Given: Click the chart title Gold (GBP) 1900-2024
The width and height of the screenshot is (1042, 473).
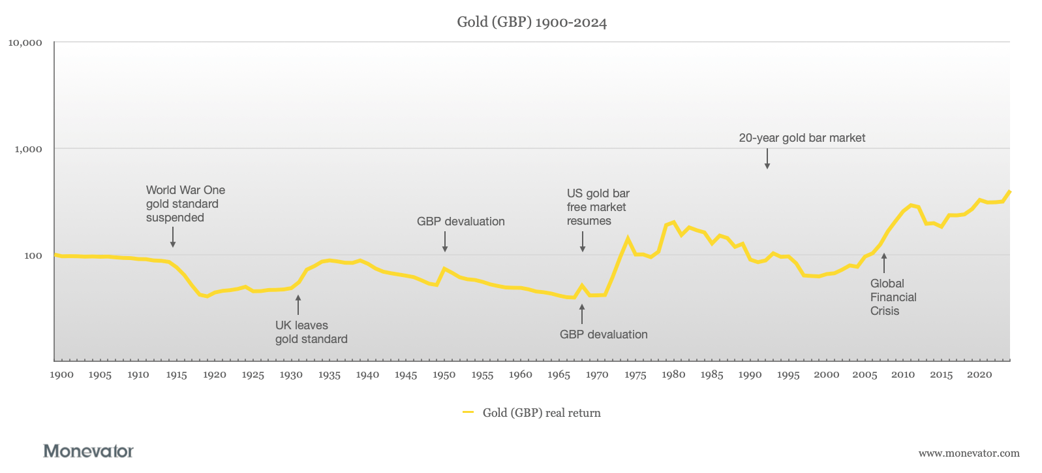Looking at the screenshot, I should [532, 22].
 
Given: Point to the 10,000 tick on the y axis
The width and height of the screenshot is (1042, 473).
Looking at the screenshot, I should [25, 43].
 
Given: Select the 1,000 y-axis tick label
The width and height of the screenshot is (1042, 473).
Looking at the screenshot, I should [28, 149].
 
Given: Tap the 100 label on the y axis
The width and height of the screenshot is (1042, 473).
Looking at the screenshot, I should [33, 255].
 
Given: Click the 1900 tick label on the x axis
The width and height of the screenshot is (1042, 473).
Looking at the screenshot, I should [62, 375].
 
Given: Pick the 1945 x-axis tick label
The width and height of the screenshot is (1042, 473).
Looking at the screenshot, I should [406, 375].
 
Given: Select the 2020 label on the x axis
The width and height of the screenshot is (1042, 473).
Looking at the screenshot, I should [979, 375].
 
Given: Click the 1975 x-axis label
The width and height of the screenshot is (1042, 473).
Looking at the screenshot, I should [635, 375].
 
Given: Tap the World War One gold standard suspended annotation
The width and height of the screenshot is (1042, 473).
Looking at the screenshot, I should [185, 204].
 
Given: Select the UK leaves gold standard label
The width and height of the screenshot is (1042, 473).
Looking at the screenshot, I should [311, 332].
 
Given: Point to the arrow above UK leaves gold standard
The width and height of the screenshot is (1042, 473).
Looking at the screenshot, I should [298, 304].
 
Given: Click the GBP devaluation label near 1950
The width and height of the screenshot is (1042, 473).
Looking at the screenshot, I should [461, 221].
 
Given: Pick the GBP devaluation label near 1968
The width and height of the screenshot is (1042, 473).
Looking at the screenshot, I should [604, 334].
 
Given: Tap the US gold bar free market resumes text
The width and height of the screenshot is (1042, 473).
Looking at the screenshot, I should [598, 207].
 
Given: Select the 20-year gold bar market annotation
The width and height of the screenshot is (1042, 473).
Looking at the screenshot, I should [802, 138].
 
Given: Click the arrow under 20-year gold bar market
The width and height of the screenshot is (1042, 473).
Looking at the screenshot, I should [767, 159].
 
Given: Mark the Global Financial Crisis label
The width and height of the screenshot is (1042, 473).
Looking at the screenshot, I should [893, 297].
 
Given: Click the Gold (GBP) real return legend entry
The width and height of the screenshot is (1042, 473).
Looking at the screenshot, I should [532, 413].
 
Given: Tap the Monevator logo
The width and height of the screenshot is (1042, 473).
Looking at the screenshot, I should [88, 451].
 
